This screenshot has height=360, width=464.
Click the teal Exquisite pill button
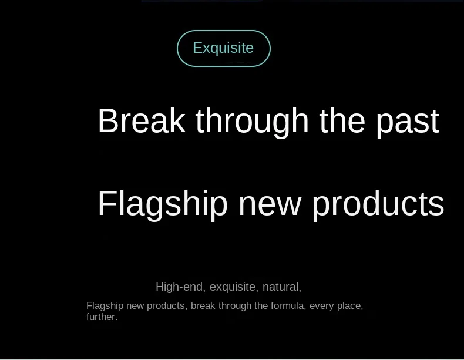point(224,48)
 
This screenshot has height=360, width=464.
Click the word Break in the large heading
point(142,121)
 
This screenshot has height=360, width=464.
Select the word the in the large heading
point(342,121)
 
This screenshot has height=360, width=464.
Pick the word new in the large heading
point(270,207)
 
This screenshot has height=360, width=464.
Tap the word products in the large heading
point(378,205)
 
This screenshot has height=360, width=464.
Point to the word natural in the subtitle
point(282,287)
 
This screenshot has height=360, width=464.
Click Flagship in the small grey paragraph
point(105,306)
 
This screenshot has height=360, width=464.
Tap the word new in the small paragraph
point(135,306)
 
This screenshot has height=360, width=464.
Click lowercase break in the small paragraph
point(203,305)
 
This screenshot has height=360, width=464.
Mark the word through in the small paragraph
point(235,306)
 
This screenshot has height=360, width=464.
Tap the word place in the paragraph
point(350,306)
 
